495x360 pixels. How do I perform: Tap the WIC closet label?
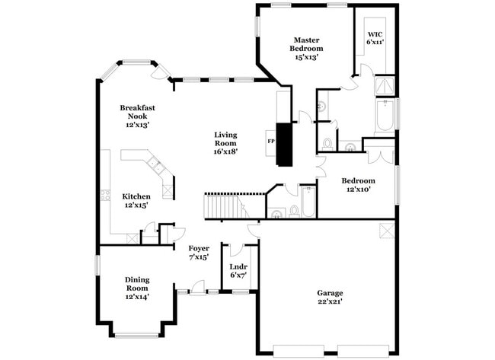pyautogui.click(x=375, y=34)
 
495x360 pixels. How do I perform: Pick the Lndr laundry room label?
pyautogui.click(x=238, y=266)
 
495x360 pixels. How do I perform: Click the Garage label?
pyautogui.click(x=330, y=292)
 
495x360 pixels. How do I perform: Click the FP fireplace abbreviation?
pyautogui.click(x=270, y=142)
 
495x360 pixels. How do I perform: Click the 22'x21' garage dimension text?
pyautogui.click(x=330, y=302)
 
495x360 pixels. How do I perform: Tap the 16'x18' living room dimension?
pyautogui.click(x=225, y=151)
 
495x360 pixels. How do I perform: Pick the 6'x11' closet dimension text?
pyautogui.click(x=375, y=43)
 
